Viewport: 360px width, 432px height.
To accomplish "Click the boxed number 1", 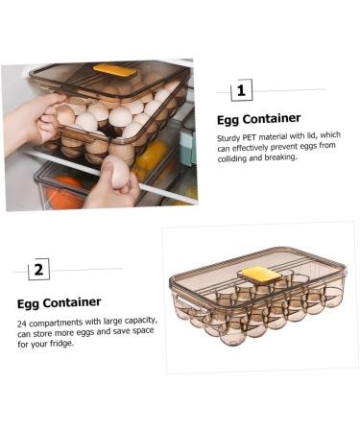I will click(241, 91).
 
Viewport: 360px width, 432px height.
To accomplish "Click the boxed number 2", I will click(38, 269).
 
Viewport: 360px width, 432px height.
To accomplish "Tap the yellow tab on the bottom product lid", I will click(260, 274).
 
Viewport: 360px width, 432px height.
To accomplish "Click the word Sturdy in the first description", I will click(228, 138).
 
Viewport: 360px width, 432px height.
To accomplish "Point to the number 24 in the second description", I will click(22, 323).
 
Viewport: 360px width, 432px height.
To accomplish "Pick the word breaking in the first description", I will click(278, 157).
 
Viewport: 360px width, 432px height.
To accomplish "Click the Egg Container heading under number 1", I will click(258, 119).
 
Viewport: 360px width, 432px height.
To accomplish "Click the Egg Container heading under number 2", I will click(59, 302).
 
